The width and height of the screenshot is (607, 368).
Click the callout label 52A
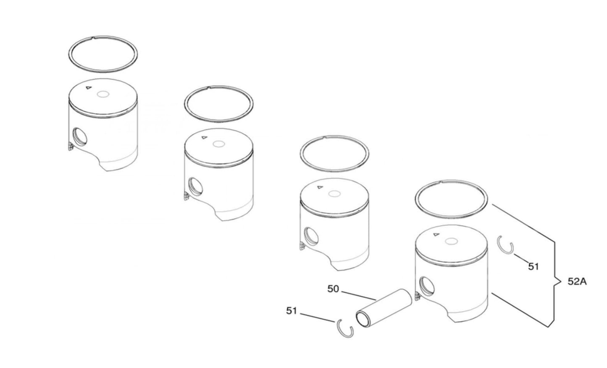(x=577, y=282)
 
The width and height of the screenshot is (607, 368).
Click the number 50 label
(x=333, y=289)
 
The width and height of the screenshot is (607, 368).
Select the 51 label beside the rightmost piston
(x=533, y=267)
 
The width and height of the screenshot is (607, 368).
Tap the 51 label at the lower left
(x=292, y=311)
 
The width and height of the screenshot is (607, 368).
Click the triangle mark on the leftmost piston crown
(x=88, y=87)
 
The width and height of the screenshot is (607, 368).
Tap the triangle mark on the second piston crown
(x=204, y=138)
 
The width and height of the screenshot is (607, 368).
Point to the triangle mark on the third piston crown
(x=320, y=187)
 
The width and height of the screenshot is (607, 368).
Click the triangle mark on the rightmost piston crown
(x=436, y=234)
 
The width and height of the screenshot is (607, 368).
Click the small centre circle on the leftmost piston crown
(x=103, y=94)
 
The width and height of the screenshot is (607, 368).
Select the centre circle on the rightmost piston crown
(x=451, y=241)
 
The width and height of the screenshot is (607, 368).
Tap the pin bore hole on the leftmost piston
(x=80, y=136)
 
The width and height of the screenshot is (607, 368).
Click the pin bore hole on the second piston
(x=195, y=187)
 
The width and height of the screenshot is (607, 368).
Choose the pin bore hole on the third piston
(x=311, y=236)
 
